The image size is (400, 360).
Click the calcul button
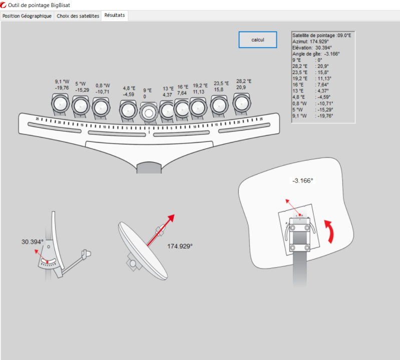tap(257, 39)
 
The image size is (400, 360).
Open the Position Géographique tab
tap(27, 16)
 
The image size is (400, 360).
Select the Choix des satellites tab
tap(78, 16)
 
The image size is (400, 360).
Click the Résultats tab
tap(115, 15)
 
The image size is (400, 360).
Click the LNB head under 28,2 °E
tap(243, 104)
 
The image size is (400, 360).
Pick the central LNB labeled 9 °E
tap(149, 113)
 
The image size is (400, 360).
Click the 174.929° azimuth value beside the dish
tap(180, 246)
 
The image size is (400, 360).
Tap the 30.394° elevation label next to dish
tap(32, 241)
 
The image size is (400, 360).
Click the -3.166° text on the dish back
tap(302, 180)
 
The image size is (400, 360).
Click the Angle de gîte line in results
tap(316, 53)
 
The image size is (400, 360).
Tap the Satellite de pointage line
tap(322, 35)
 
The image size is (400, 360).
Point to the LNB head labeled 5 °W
tap(80, 105)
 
